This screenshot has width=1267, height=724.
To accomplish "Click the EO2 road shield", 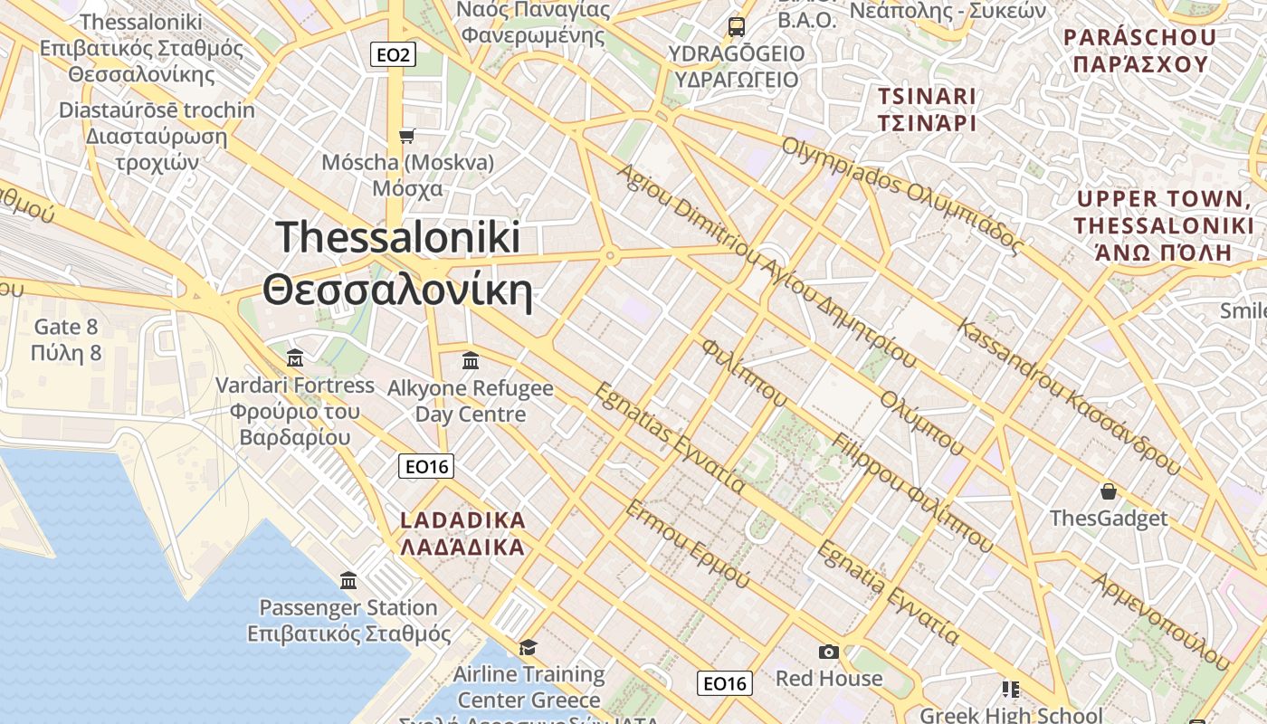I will pyautogui.click(x=393, y=55).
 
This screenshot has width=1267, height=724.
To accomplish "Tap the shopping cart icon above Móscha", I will pyautogui.click(x=407, y=136).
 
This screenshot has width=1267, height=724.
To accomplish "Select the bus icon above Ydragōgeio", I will pyautogui.click(x=737, y=27).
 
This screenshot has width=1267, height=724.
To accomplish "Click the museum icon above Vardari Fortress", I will pyautogui.click(x=294, y=358).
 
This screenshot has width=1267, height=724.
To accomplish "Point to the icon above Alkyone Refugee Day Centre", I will pyautogui.click(x=471, y=361).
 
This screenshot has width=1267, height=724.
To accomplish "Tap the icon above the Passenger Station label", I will pyautogui.click(x=348, y=580).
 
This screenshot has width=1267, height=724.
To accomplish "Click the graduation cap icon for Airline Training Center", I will pyautogui.click(x=528, y=647).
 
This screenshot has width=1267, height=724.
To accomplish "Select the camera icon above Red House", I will pyautogui.click(x=828, y=652).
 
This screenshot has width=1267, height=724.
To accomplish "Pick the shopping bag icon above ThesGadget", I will pyautogui.click(x=1109, y=491).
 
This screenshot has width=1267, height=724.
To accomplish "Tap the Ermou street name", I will pyautogui.click(x=687, y=543).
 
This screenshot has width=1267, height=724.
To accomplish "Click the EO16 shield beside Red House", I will pyautogui.click(x=725, y=683).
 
